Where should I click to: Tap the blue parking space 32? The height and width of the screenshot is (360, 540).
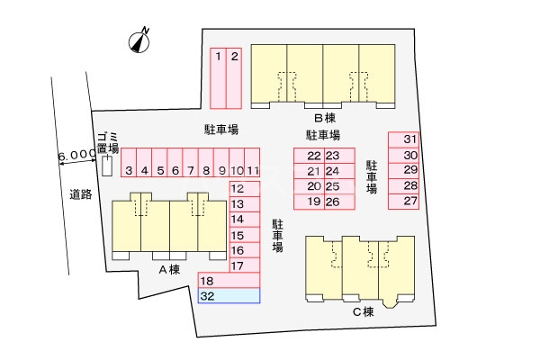point(229,295)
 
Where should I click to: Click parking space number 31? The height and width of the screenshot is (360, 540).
point(410,139)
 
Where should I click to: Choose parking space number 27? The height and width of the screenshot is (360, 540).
point(410,201)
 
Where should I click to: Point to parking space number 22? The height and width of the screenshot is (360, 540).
point(314,156)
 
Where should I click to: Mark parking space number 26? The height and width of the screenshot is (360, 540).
point(332,202)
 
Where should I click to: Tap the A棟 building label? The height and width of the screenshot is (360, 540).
point(169,269)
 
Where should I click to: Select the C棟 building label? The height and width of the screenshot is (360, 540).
point(362,311)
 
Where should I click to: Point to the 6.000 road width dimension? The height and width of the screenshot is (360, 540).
point(76,156)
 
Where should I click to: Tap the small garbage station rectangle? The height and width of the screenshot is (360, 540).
point(107,166)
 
